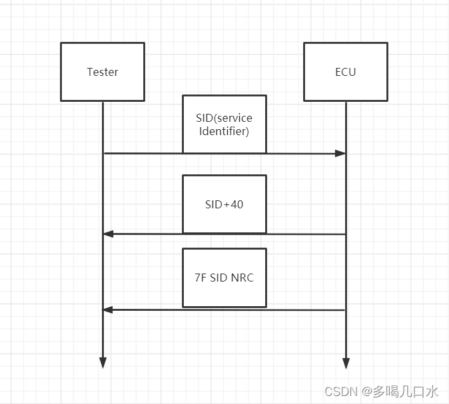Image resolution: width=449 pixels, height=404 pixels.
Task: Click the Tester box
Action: pyautogui.click(x=103, y=72)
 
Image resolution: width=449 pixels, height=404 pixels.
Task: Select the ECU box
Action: pyautogui.click(x=345, y=72)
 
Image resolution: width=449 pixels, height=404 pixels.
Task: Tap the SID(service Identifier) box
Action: pyautogui.click(x=224, y=124)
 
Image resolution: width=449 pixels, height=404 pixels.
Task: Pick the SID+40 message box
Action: pyautogui.click(x=224, y=204)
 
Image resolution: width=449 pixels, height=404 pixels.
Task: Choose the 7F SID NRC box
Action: pyautogui.click(x=224, y=278)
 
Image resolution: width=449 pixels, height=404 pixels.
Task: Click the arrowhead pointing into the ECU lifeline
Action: pyautogui.click(x=340, y=154)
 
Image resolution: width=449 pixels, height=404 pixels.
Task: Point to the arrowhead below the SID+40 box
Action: pyautogui.click(x=109, y=234)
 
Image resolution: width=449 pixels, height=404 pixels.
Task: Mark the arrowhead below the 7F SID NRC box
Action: pyautogui.click(x=109, y=310)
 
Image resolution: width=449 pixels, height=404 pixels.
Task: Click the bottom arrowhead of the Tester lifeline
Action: pyautogui.click(x=103, y=363)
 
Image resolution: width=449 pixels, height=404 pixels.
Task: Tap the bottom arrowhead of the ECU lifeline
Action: pyautogui.click(x=346, y=363)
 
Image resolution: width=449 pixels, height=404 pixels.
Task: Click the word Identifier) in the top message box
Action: pyautogui.click(x=224, y=132)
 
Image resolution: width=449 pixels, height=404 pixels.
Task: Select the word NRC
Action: pyautogui.click(x=242, y=278)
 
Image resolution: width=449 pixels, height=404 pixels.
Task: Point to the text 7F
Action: pyautogui.click(x=200, y=278)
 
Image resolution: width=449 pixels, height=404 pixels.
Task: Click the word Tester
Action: pyautogui.click(x=103, y=72)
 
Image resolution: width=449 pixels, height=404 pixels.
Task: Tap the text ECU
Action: pyautogui.click(x=345, y=72)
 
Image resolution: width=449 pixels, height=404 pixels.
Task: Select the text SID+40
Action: pyautogui.click(x=224, y=204)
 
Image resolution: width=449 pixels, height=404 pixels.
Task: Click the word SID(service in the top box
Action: pyautogui.click(x=224, y=118)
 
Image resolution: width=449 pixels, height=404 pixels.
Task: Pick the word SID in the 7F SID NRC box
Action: pyautogui.click(x=220, y=278)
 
